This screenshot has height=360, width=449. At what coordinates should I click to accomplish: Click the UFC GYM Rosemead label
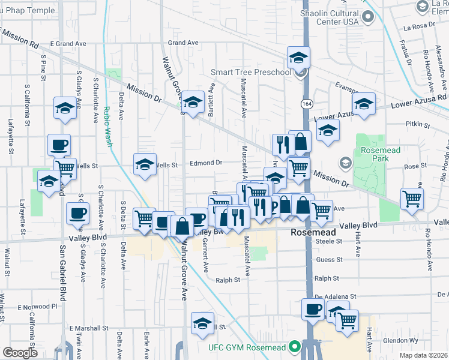point(246,347)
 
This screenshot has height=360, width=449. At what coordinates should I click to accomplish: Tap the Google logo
point(20,353)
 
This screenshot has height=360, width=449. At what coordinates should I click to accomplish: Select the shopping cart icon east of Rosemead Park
point(412,199)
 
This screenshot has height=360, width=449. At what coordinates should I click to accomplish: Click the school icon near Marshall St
point(203,323)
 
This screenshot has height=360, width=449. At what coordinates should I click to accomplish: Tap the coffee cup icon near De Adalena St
point(312,310)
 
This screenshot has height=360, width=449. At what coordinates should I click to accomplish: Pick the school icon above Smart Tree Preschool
point(298,58)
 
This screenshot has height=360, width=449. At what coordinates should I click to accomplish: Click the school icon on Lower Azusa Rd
point(364,103)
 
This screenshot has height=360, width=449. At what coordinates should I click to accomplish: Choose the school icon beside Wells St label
point(145,164)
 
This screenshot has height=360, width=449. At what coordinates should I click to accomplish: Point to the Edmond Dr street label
point(206,163)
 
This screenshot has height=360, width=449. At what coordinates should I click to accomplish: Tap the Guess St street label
point(329,260)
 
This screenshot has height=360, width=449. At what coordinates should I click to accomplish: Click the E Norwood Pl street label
point(37,306)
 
